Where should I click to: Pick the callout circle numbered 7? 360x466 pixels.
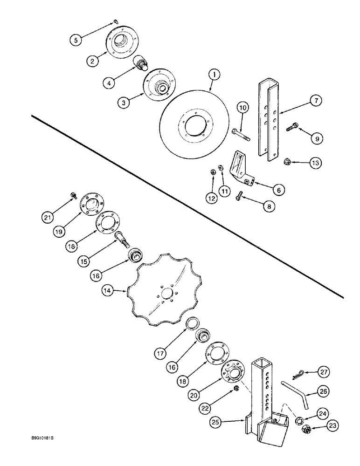point(315,101)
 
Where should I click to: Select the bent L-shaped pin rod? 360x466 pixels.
point(294,396)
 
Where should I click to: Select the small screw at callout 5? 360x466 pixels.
point(115,21)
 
